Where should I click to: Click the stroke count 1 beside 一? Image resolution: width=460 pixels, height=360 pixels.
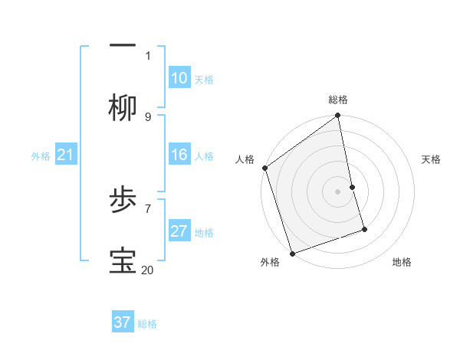tap(148, 55)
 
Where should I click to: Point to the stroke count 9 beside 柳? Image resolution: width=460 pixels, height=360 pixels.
tap(148, 116)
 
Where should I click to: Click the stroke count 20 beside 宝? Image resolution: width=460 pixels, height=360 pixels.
tap(148, 270)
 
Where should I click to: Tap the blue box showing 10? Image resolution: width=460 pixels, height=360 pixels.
tap(179, 78)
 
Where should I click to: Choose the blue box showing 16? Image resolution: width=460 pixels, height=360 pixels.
tap(179, 155)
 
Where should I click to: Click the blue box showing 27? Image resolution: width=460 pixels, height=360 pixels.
tap(179, 231)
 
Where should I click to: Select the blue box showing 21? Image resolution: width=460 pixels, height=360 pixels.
tap(65, 155)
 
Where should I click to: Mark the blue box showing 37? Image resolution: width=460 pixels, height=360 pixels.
tap(122, 322)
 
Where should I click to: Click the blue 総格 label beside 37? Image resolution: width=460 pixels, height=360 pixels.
tap(147, 324)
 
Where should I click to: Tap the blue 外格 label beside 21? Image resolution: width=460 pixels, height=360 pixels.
tap(41, 156)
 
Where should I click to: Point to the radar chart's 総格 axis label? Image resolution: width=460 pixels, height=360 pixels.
tap(338, 100)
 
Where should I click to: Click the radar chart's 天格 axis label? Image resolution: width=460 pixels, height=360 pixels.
tap(431, 159)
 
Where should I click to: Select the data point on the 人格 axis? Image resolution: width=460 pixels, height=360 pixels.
tap(264, 168)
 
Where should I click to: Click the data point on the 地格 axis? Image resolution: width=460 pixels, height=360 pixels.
tap(364, 229)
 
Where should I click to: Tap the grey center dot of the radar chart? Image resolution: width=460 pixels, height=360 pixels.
tap(338, 191)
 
